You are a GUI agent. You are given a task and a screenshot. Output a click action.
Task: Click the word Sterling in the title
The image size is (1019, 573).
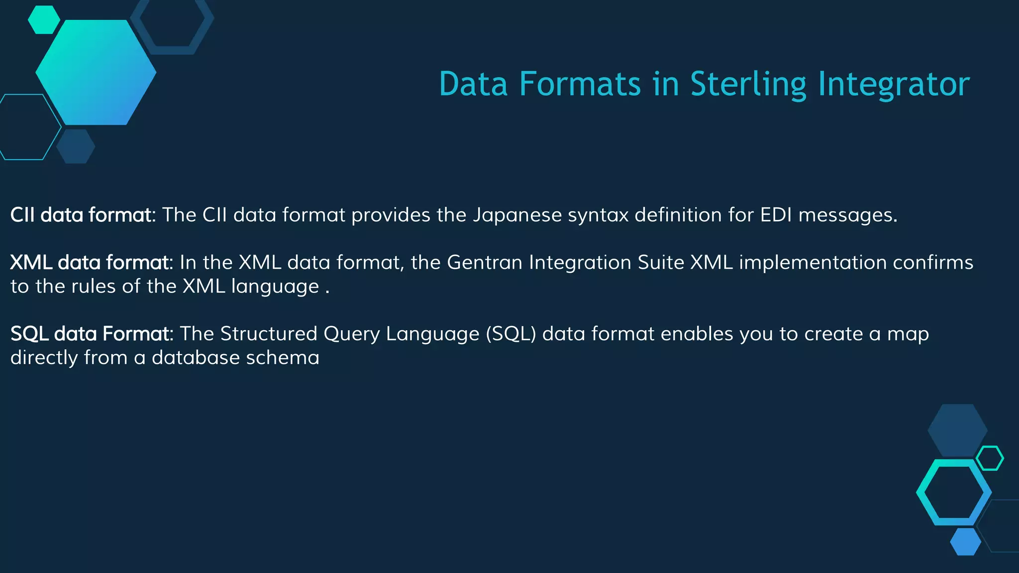coord(748,84)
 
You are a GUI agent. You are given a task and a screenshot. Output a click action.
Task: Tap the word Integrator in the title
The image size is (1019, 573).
coord(894,84)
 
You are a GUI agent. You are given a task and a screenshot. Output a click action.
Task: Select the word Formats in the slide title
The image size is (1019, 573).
coord(580,84)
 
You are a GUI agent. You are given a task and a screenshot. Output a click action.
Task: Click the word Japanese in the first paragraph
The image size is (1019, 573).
coord(517,215)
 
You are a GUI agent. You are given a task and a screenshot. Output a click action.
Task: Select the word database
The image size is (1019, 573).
coord(196,358)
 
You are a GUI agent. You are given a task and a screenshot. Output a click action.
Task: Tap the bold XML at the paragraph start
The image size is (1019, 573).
coord(31,262)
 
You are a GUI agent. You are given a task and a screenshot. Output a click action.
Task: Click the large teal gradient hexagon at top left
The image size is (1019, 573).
coord(96,73)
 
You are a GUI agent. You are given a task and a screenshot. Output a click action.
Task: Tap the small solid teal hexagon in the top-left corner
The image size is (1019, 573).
coord(44,20)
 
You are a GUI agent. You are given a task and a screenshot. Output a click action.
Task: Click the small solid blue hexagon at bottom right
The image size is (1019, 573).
coord(965,542)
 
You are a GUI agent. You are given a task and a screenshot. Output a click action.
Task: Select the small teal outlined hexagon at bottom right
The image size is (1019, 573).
coord(990,458)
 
